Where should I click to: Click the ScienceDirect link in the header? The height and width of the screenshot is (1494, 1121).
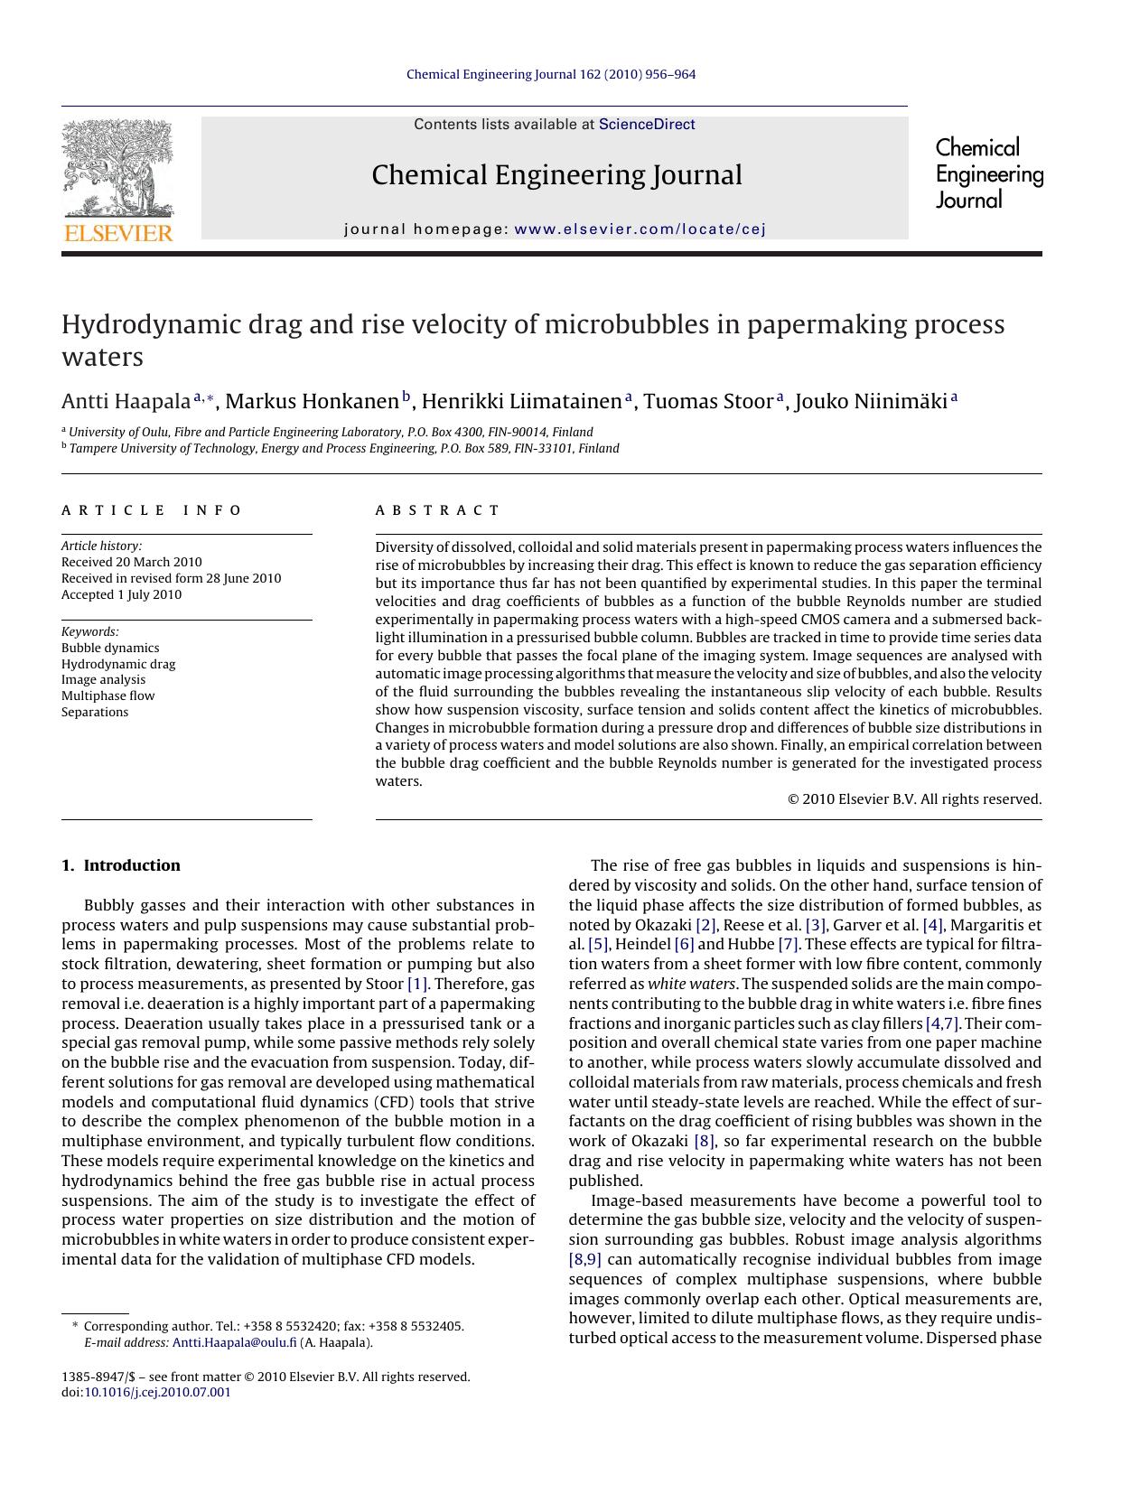[x=647, y=125]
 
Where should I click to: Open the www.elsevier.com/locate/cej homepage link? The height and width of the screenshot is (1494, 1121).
[x=640, y=229]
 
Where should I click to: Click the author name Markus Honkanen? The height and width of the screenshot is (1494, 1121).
[x=312, y=401]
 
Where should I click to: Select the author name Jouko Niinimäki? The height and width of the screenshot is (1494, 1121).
[x=871, y=401]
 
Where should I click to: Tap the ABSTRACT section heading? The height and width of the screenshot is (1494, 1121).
[x=437, y=510]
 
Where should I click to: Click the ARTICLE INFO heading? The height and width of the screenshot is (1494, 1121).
[x=152, y=510]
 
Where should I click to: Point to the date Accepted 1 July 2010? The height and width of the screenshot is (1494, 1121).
[x=121, y=594]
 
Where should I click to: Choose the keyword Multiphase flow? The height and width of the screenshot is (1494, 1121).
[x=107, y=696]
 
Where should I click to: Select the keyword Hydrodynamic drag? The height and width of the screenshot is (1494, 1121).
[x=118, y=664]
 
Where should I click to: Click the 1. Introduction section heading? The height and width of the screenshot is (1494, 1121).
[x=121, y=865]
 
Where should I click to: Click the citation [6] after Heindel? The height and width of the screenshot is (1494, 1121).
[x=684, y=945]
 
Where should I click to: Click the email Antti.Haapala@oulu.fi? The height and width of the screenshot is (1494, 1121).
[x=234, y=1342]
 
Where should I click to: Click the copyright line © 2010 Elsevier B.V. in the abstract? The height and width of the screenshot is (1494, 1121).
[x=914, y=798]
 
